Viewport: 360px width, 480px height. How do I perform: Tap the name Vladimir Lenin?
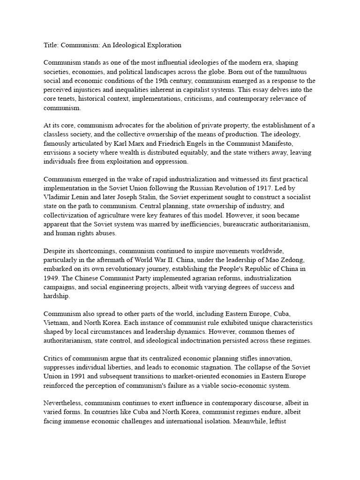(64, 198)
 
